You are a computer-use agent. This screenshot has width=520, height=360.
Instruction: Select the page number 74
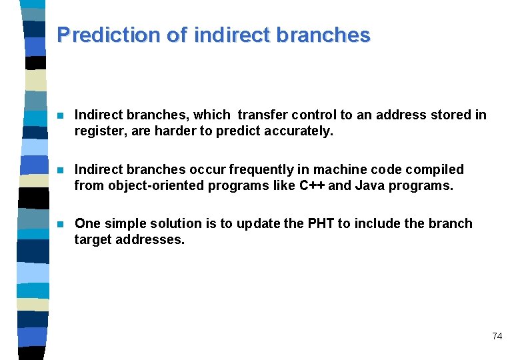coord(497,336)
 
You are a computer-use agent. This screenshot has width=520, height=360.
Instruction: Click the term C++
coord(311,185)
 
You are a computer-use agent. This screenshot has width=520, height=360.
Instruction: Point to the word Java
coord(370,185)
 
